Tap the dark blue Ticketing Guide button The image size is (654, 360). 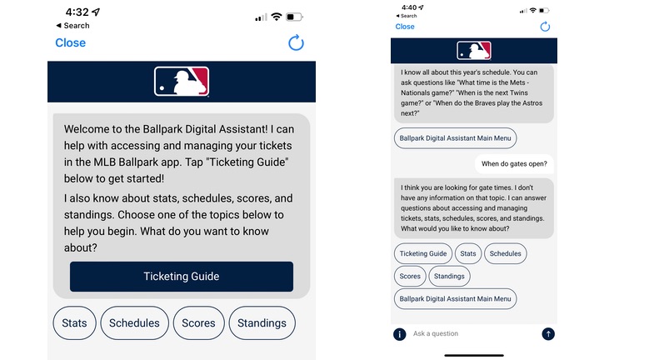182,277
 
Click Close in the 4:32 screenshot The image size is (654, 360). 71,43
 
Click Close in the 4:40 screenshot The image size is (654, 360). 405,27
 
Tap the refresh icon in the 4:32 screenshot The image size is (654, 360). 296,43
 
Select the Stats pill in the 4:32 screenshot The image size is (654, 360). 75,322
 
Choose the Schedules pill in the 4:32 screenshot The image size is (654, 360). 134,322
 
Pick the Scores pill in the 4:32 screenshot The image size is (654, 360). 198,322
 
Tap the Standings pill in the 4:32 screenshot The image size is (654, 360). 262,322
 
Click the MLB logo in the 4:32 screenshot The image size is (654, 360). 182,82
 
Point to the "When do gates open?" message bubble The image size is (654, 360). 514,164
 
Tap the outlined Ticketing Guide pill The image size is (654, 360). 423,253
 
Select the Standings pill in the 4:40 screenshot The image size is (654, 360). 449,276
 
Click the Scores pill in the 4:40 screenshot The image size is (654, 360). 410,276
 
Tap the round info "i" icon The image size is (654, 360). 400,334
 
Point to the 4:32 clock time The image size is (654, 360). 77,12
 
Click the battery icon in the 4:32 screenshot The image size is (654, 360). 294,17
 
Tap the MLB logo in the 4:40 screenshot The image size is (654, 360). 474,51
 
